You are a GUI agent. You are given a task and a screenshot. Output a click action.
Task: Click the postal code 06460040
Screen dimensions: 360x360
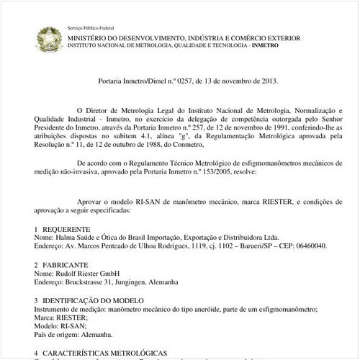(308, 245)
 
